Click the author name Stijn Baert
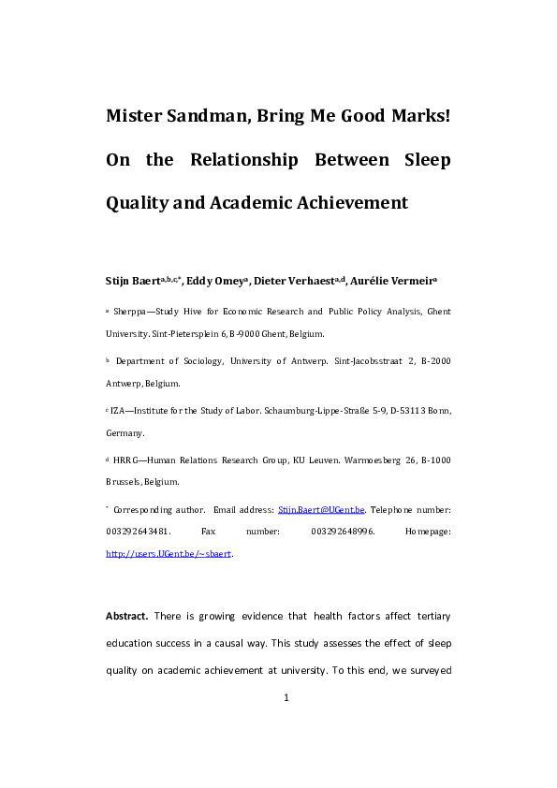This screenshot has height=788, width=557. point(134,280)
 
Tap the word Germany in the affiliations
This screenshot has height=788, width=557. point(125,433)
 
